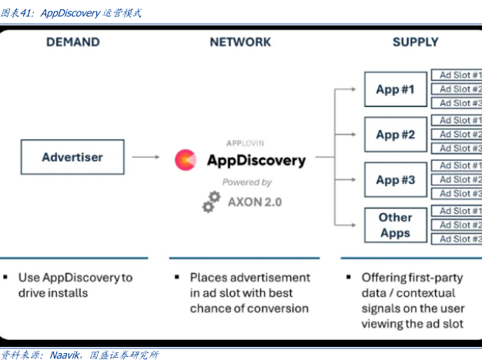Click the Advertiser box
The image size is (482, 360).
[x=72, y=157]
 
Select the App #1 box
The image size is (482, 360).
[x=395, y=89]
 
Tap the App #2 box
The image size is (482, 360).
[x=395, y=135]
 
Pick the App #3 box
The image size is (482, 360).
[x=395, y=180]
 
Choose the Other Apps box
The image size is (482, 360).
[x=395, y=225]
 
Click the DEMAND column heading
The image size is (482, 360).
[x=72, y=42]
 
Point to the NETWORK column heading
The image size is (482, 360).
[x=240, y=42]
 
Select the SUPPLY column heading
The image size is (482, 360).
[x=415, y=42]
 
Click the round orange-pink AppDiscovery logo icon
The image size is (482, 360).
[x=186, y=160]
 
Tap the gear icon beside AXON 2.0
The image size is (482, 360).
[x=210, y=202]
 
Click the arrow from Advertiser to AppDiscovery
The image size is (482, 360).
[x=146, y=157]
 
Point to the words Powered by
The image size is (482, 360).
[x=246, y=182]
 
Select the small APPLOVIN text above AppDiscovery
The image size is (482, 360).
[x=245, y=142]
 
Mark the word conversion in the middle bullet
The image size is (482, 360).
[x=272, y=308]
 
